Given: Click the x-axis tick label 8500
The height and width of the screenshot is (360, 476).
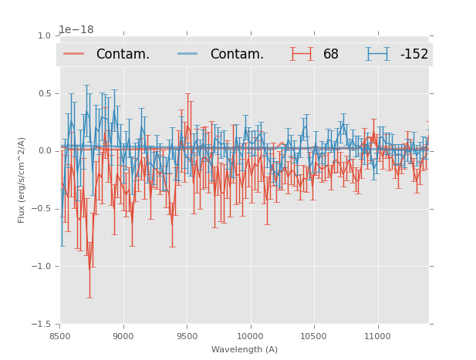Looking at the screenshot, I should pyautogui.click(x=60, y=337).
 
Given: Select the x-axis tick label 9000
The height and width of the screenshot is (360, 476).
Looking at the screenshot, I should pyautogui.click(x=123, y=337).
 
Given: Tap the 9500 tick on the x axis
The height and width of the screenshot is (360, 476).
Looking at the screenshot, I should pyautogui.click(x=187, y=337).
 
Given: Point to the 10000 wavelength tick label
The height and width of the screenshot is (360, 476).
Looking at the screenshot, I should pyautogui.click(x=250, y=337).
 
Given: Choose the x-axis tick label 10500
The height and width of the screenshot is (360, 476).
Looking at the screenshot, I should pyautogui.click(x=313, y=337).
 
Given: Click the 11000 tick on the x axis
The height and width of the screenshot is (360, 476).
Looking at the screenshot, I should pyautogui.click(x=376, y=337).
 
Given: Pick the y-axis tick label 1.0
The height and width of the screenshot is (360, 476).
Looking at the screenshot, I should pyautogui.click(x=44, y=36).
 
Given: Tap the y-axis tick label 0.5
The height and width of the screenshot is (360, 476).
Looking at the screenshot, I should pyautogui.click(x=44, y=94).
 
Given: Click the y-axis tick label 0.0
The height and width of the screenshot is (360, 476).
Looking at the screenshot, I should pyautogui.click(x=44, y=151).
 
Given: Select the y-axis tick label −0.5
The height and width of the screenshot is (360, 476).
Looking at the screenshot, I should pyautogui.click(x=42, y=209).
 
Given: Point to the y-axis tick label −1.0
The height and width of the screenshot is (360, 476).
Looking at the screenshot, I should pyautogui.click(x=42, y=267).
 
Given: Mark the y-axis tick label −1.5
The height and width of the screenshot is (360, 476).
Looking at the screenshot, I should pyautogui.click(x=42, y=325).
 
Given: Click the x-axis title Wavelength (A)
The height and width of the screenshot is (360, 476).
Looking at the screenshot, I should pyautogui.click(x=245, y=349).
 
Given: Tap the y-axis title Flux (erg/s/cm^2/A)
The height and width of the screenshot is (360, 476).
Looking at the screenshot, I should pyautogui.click(x=22, y=180).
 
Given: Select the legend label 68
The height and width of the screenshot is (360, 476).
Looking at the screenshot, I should pyautogui.click(x=331, y=55).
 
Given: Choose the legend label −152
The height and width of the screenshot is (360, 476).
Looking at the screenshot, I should pyautogui.click(x=414, y=55).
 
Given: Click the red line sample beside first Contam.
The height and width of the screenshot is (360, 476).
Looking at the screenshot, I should pyautogui.click(x=74, y=54).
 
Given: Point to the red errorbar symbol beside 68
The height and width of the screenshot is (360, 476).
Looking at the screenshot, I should pyautogui.click(x=302, y=54).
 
